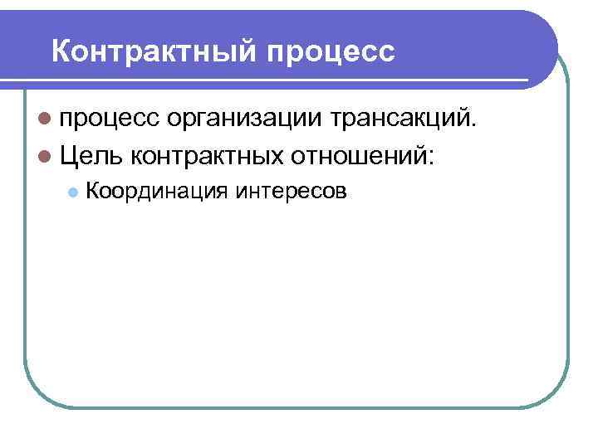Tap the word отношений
pos(356,153)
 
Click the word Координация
pos(155,192)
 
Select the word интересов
pos(292,192)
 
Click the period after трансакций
pos(475,126)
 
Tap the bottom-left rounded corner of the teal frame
pos(37,393)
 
